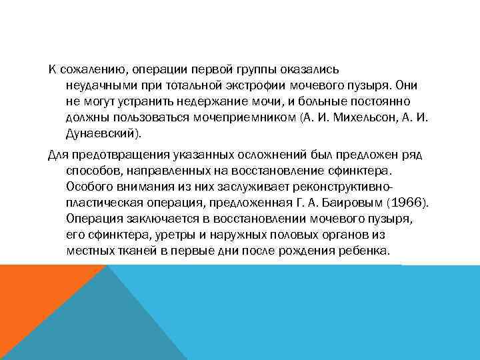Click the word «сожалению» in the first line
click(x=93, y=69)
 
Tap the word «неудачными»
click(x=97, y=86)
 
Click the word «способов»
click(x=91, y=171)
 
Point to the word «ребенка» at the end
click(x=363, y=251)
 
